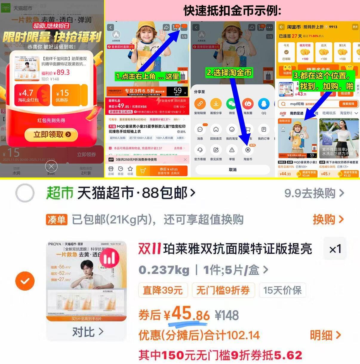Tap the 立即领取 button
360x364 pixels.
coord(51,135)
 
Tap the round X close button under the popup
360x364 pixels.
coord(51,166)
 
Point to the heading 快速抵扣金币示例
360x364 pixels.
coord(232,11)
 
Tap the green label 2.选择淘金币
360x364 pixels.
coord(229,73)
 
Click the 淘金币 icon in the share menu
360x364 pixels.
coord(247,151)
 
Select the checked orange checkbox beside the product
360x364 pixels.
coord(25,281)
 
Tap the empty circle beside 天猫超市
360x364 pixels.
coord(25,193)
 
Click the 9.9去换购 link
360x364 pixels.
coord(314,193)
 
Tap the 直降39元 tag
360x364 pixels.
coord(163,290)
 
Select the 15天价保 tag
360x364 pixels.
coord(282,290)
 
